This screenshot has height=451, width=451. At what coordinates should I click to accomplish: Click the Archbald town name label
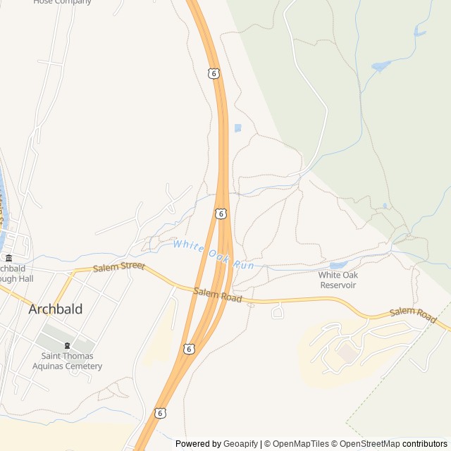[56, 309]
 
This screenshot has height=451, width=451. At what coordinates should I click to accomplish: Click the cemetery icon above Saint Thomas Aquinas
[68, 345]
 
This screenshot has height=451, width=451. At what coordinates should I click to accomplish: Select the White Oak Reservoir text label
[338, 280]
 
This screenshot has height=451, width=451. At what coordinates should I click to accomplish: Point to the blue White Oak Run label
[213, 254]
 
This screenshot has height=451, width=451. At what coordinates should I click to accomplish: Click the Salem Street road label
[118, 266]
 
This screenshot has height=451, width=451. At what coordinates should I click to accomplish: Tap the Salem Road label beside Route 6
[218, 295]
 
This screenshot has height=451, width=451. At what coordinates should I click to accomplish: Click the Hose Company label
[62, 2]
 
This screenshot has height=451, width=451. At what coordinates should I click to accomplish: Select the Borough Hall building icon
[8, 258]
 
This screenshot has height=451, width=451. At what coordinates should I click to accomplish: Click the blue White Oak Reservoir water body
[338, 266]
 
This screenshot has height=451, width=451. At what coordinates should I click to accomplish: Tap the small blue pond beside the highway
[237, 128]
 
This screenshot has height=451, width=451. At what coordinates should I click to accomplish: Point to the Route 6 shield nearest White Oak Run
[221, 213]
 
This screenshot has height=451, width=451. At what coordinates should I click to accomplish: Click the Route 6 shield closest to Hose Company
[214, 73]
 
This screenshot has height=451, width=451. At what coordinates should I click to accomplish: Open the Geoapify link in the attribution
[240, 444]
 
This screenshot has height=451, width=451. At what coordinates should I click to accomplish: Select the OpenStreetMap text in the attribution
[368, 444]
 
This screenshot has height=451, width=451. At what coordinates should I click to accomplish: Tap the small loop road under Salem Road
[278, 311]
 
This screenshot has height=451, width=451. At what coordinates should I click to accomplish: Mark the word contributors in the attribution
[425, 444]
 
